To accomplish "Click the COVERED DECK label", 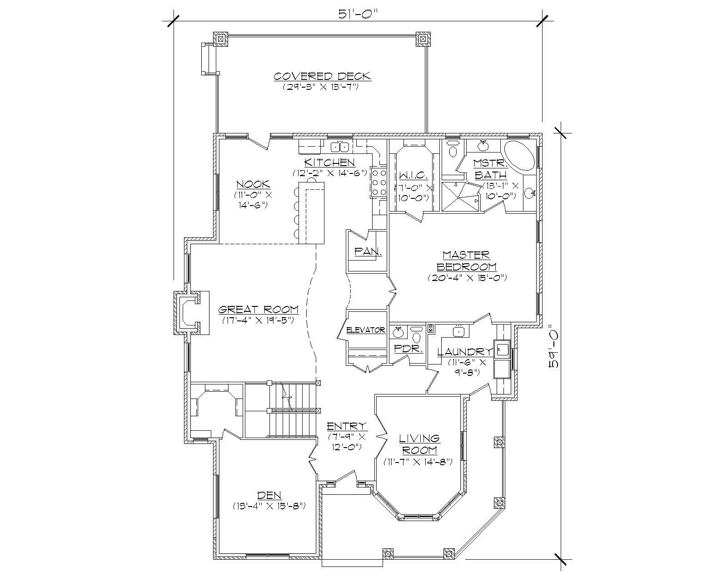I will click(322, 76).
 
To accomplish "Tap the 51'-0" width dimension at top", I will click(358, 14).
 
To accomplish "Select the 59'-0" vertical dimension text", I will click(553, 345).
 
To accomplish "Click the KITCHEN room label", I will click(329, 162).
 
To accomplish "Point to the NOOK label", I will click(253, 184).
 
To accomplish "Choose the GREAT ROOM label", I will click(258, 310).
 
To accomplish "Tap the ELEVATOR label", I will click(365, 330).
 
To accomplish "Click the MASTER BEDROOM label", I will click(467, 261).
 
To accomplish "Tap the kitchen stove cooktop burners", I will click(378, 182).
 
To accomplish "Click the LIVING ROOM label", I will click(419, 444).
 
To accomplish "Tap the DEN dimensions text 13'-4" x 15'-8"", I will click(269, 505).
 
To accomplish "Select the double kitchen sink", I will click(339, 147).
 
